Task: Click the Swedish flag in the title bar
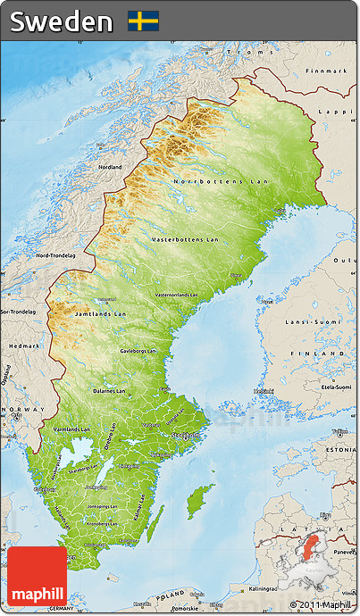click(143, 21)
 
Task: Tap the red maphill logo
click(38, 576)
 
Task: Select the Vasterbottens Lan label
click(184, 239)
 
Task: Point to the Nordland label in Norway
click(111, 167)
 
